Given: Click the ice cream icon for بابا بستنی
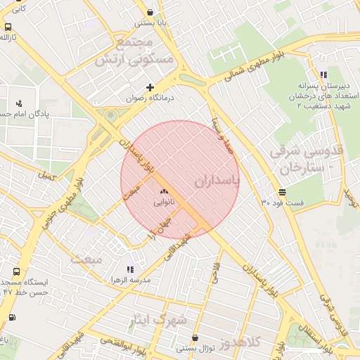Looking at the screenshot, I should (x=151, y=12).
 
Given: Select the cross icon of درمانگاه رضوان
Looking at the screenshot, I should (x=150, y=87).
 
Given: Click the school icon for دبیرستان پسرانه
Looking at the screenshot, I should (x=323, y=75).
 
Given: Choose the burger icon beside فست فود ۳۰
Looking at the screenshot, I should (x=282, y=191).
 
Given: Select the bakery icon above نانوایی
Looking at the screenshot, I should (x=165, y=191).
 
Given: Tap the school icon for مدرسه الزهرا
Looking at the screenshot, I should (x=129, y=269).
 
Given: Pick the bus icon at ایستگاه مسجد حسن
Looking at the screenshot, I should (x=16, y=271).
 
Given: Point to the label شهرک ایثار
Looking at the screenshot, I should (x=158, y=321).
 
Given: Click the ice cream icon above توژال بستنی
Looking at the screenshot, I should (x=195, y=337).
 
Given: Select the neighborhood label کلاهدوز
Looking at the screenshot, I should (x=239, y=343).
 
